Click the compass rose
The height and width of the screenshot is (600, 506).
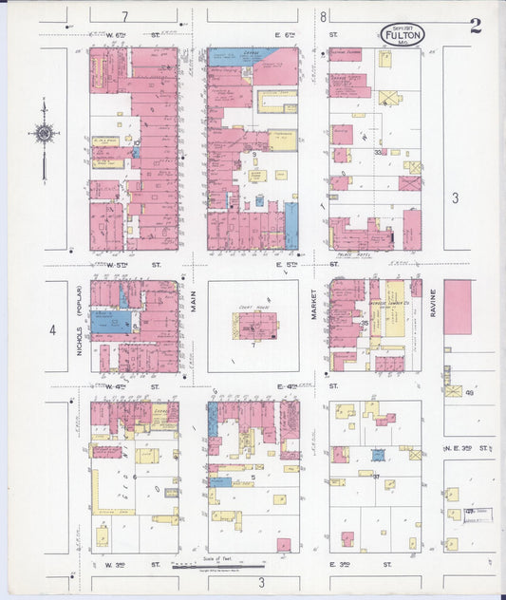tap(44, 134)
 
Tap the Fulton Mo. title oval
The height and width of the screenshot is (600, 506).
tap(403, 35)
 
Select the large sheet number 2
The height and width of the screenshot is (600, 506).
tap(475, 26)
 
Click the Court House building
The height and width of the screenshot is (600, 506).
tap(256, 327)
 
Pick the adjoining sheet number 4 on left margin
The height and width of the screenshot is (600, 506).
tap(53, 330)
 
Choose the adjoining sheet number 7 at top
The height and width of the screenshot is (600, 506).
tap(124, 17)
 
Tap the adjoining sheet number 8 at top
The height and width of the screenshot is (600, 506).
tap(323, 16)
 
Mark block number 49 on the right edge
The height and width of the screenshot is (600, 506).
tap(468, 392)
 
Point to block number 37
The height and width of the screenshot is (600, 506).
tap(376, 477)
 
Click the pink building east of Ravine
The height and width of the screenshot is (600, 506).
tap(457, 307)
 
